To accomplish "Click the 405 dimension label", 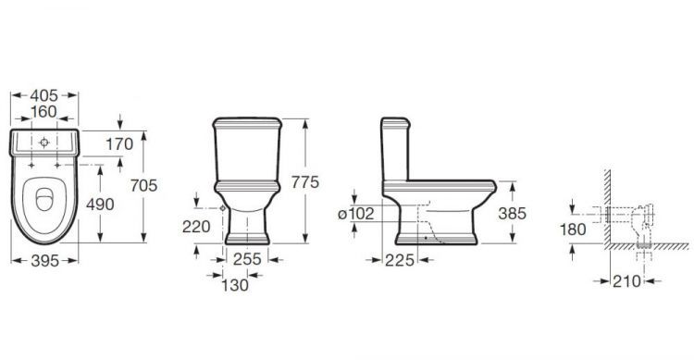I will (44, 94).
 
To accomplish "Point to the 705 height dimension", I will (159, 184).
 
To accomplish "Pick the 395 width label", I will (44, 261).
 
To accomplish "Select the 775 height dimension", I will (304, 182).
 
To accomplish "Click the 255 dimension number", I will (248, 261).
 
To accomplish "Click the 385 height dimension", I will (511, 213).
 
